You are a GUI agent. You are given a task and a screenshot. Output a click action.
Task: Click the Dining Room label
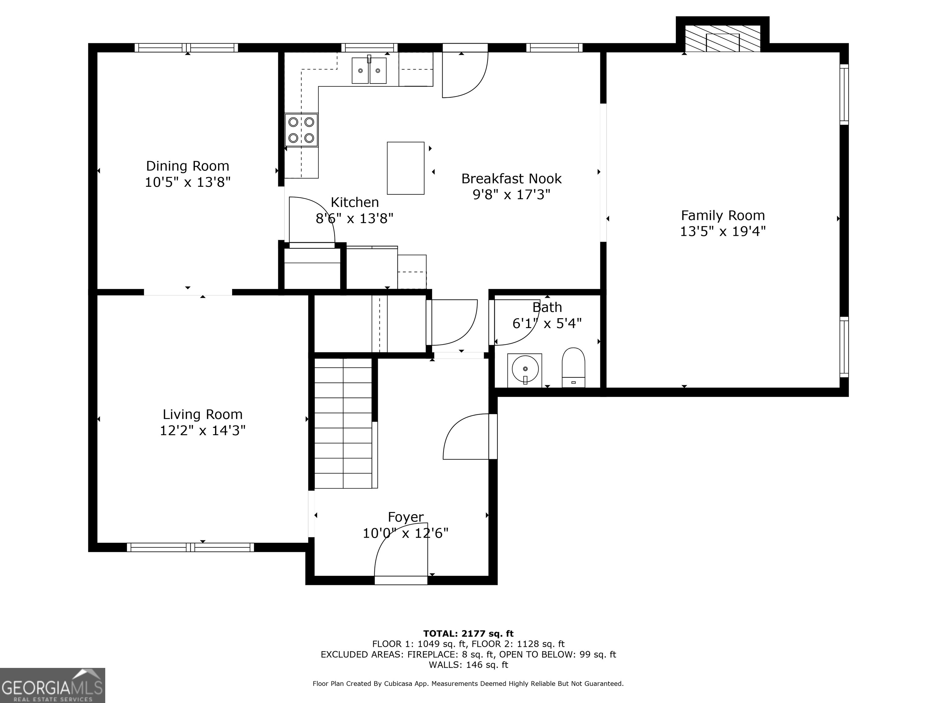[x=187, y=166]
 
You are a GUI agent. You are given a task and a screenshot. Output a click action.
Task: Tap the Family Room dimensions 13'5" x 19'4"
[x=723, y=231]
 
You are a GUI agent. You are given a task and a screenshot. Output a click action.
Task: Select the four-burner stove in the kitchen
[x=301, y=130]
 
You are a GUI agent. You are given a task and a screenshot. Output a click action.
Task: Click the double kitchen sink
[x=369, y=71]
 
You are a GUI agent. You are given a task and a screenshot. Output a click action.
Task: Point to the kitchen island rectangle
[x=405, y=168]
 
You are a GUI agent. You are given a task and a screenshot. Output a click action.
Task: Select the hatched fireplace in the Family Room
[x=722, y=38]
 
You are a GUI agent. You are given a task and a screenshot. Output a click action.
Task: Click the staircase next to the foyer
[x=343, y=423]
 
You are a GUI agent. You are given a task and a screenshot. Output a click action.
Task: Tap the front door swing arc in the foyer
[x=400, y=555]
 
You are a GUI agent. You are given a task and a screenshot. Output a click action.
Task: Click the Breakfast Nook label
[x=511, y=178]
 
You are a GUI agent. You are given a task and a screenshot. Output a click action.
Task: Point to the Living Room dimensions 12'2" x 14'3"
[x=203, y=431]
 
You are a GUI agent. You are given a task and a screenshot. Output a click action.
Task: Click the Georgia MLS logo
[x=52, y=685]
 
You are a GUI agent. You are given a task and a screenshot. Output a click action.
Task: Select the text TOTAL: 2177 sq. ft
[x=468, y=633]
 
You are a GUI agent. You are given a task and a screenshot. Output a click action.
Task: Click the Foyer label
[x=405, y=517]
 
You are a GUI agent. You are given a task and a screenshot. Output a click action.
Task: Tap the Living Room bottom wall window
[x=190, y=547]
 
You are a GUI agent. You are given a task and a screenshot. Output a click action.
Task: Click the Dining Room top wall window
[x=186, y=48]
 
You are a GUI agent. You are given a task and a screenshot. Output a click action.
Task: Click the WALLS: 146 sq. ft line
[x=468, y=665]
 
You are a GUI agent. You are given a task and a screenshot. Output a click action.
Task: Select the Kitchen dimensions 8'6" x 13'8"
[x=354, y=218]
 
